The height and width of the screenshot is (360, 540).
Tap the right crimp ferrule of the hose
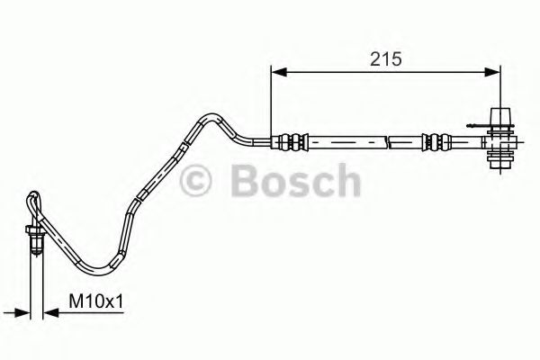(436, 141)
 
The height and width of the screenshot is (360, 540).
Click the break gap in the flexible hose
(389, 141)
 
